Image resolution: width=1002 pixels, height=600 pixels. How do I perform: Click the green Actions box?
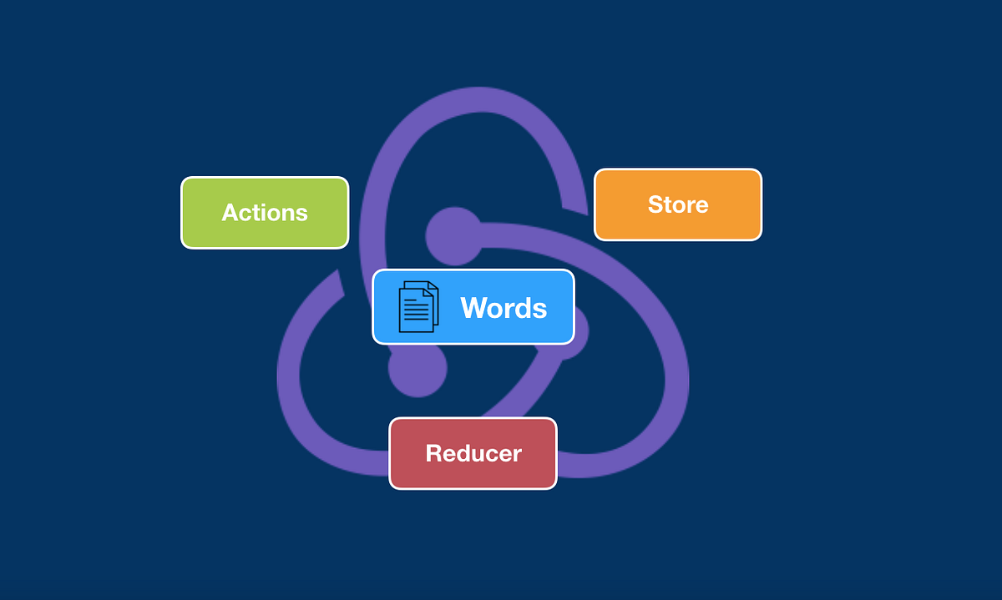pyautogui.click(x=265, y=212)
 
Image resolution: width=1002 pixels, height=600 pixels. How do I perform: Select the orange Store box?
pyautogui.click(x=677, y=204)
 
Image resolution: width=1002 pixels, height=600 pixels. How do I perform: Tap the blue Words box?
pyautogui.click(x=473, y=306)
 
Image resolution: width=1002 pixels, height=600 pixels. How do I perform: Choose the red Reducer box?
pyautogui.click(x=473, y=453)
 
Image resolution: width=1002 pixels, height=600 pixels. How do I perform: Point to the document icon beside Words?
pyautogui.click(x=417, y=307)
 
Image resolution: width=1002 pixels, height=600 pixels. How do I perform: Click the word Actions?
pyautogui.click(x=265, y=213)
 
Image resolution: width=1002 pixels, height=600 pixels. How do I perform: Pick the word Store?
pyautogui.click(x=678, y=204)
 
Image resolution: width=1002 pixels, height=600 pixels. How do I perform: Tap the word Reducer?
pyautogui.click(x=473, y=453)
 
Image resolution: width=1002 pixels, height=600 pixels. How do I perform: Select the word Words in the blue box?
pyautogui.click(x=504, y=308)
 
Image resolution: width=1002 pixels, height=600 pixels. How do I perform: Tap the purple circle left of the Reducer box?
pyautogui.click(x=417, y=370)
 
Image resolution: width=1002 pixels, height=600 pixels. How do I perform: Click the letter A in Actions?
pyautogui.click(x=230, y=213)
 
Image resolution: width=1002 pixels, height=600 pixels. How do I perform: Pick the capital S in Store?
pyautogui.click(x=655, y=204)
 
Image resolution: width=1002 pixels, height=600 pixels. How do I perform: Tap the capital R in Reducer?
pyautogui.click(x=433, y=453)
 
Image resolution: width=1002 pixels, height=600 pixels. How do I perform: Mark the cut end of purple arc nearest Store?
pyautogui.click(x=574, y=205)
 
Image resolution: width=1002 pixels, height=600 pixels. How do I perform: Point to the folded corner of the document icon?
pyautogui.click(x=433, y=288)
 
